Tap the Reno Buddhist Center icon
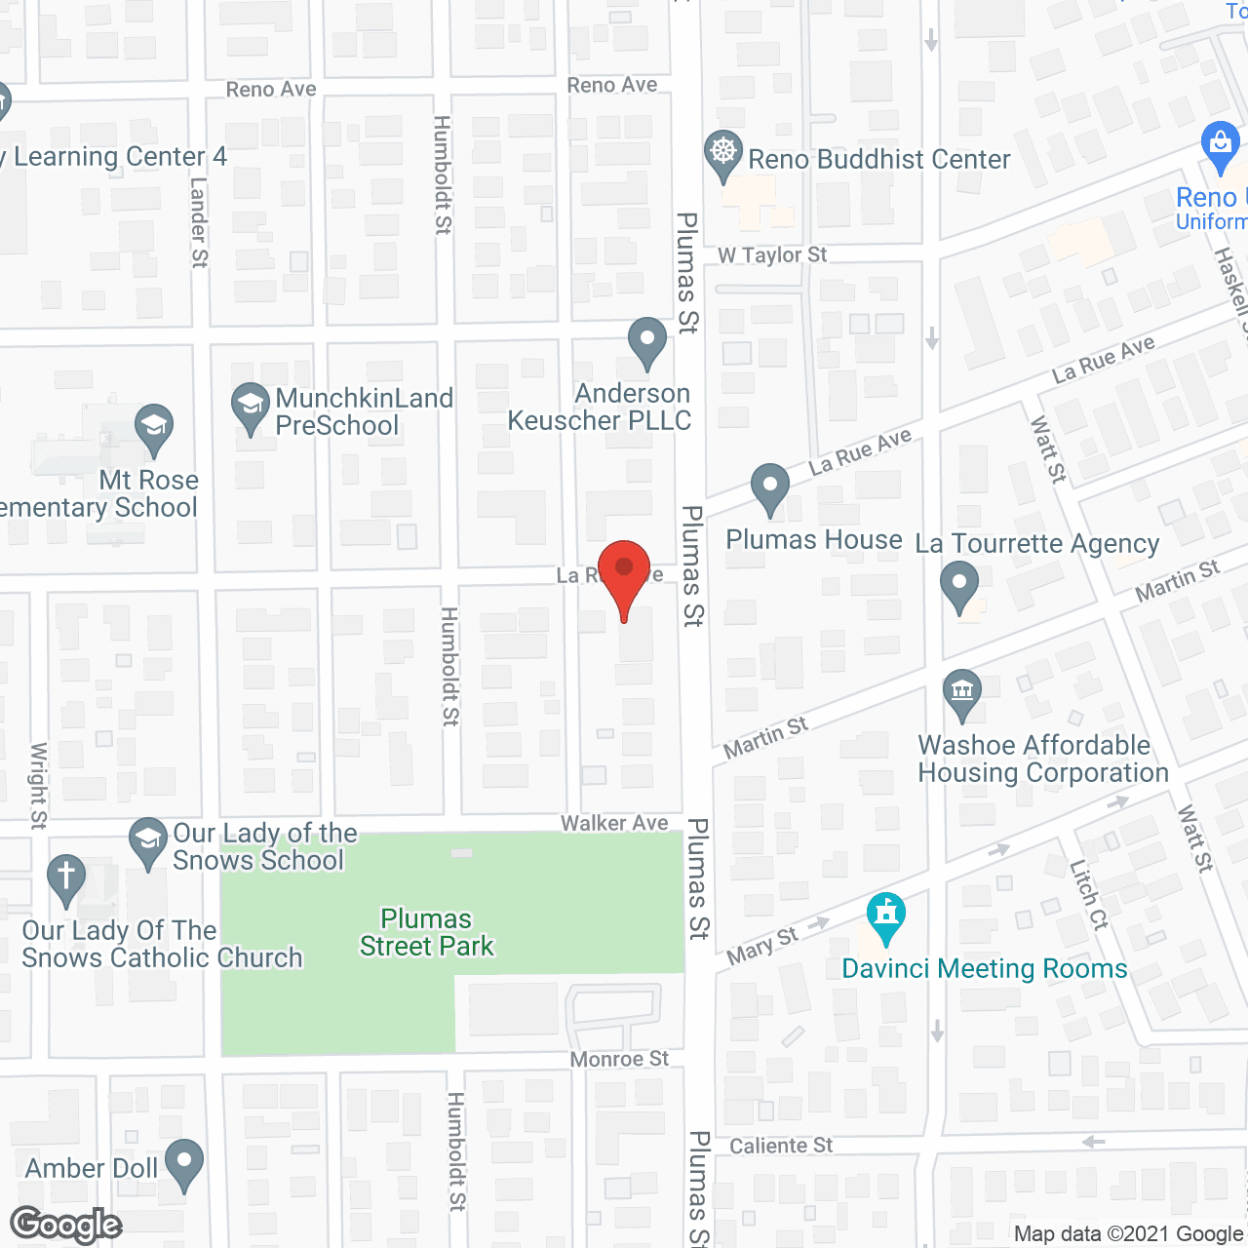(x=722, y=154)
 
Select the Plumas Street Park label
(x=427, y=933)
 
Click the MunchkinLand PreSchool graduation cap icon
(x=251, y=405)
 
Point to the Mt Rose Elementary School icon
(x=154, y=426)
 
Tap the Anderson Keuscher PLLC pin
(x=646, y=341)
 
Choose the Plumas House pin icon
(x=770, y=487)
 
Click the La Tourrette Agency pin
(x=959, y=587)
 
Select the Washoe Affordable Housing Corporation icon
(x=962, y=692)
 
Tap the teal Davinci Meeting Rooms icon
(x=885, y=916)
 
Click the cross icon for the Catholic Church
(x=66, y=876)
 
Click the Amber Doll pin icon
(x=183, y=1163)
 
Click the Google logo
(x=66, y=1225)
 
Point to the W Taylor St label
(x=772, y=255)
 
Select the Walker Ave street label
(x=614, y=823)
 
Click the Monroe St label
(x=619, y=1059)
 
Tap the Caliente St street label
(x=781, y=1146)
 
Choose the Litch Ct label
(x=1089, y=895)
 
